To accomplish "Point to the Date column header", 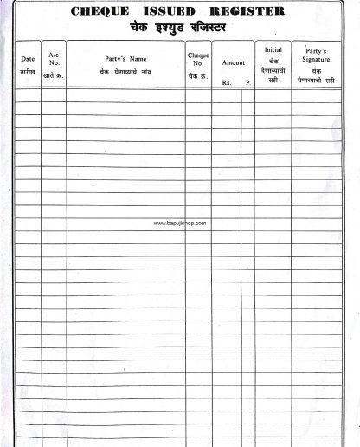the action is click(x=28, y=59).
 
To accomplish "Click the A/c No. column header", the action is click(x=54, y=58).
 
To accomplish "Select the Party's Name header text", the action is click(x=125, y=59).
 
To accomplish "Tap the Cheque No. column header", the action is click(x=198, y=60).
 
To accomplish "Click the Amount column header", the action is click(x=234, y=62).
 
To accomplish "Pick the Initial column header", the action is click(x=273, y=50).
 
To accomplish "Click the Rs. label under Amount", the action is click(x=227, y=83).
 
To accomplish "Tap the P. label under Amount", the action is click(x=247, y=83).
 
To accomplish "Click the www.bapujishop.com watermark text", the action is click(x=180, y=223).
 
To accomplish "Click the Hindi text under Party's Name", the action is click(x=125, y=71).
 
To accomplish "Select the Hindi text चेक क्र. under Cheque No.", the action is click(x=198, y=76).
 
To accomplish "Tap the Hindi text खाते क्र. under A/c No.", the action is click(x=54, y=76).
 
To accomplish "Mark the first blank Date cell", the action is click(x=28, y=95).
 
